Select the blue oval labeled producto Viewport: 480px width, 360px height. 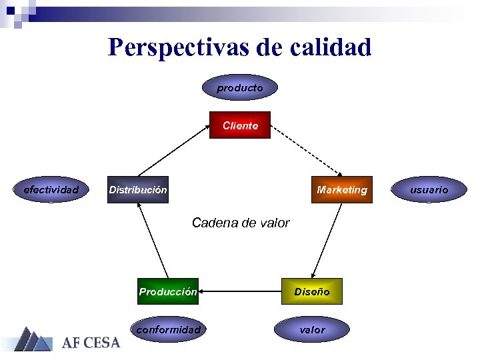[x=240, y=87]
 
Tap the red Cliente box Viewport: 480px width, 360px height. [x=240, y=125]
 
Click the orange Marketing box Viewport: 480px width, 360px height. [x=341, y=189]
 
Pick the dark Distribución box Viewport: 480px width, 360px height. [x=138, y=189]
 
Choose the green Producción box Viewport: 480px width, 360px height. [x=168, y=291]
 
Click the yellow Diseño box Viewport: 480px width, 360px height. [x=312, y=291]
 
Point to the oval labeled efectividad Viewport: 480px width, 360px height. [x=51, y=189]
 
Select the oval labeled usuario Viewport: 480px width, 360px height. [x=429, y=189]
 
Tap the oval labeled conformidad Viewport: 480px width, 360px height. [x=168, y=329]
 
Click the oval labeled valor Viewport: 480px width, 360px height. [x=312, y=329]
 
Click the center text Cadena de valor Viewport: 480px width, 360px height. [x=240, y=223]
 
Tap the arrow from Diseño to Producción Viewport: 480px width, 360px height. [x=240, y=291]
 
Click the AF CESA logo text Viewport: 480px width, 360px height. [x=91, y=343]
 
